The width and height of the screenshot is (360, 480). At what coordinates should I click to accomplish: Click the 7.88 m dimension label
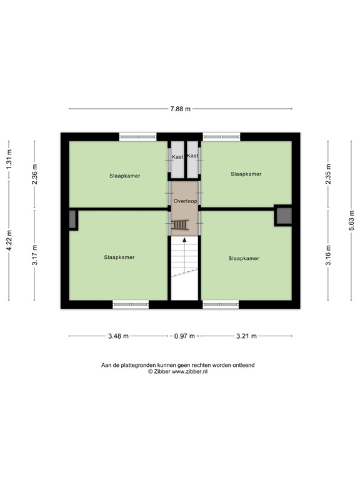[x=180, y=109]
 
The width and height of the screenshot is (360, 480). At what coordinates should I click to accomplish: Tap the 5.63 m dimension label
[x=351, y=221]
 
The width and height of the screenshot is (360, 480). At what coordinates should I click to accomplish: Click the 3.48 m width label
[x=118, y=336]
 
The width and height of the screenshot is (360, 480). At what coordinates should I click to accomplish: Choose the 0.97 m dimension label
[x=184, y=336]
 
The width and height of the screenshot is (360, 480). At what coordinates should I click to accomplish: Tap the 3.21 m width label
[x=246, y=336]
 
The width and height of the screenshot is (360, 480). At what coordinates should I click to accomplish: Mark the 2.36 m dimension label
[x=35, y=175]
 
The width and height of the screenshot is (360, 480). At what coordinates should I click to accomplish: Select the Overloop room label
[x=185, y=201]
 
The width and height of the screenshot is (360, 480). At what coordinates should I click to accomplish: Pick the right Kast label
[x=192, y=156]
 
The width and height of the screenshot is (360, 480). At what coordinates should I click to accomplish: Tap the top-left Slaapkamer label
[x=125, y=176]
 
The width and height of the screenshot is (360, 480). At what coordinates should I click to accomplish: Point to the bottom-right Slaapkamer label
[x=244, y=257]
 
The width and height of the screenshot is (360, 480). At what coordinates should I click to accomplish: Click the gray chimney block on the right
[x=284, y=216]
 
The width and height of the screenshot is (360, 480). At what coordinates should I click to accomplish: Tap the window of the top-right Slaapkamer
[x=221, y=136]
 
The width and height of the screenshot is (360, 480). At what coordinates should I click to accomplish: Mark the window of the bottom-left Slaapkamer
[x=131, y=305]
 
